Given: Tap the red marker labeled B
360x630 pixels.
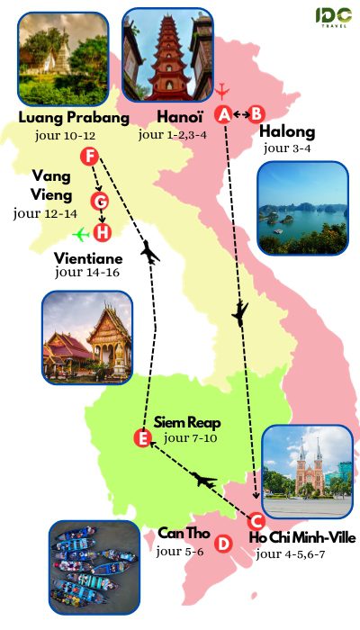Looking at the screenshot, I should point(256,113).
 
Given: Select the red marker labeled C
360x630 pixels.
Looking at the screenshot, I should point(255,519).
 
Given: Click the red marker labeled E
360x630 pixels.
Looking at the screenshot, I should point(141,438).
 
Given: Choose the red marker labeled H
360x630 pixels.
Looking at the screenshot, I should point(103,233).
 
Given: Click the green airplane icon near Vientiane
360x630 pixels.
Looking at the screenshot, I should point(82,234).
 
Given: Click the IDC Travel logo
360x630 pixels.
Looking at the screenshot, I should point(333,18).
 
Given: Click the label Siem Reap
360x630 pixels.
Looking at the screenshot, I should point(187,421).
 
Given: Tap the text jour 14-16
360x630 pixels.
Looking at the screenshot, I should point(86,269).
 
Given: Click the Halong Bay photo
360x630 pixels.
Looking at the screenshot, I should point(301,207).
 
